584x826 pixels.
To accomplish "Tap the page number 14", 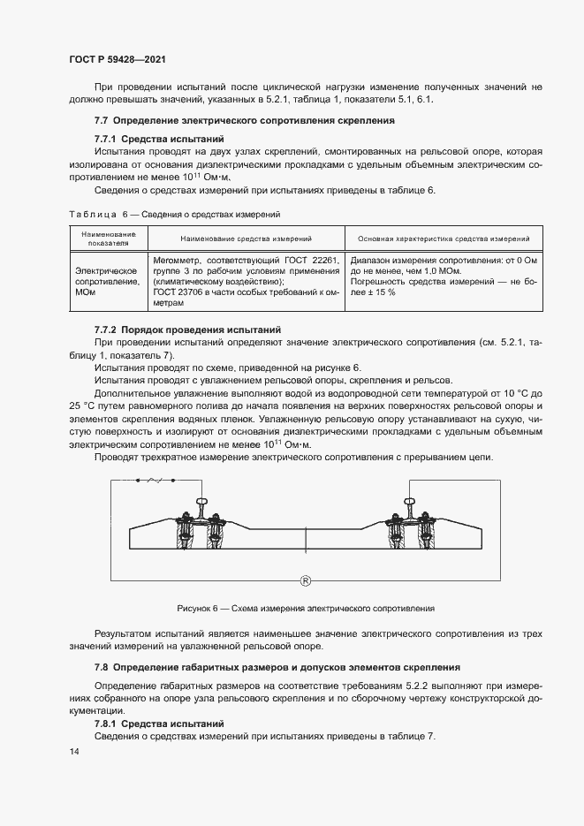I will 74,751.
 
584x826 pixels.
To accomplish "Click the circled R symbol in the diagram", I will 305,580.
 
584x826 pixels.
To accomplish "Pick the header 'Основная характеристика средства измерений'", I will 443,239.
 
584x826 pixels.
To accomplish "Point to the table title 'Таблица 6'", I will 92,214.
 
